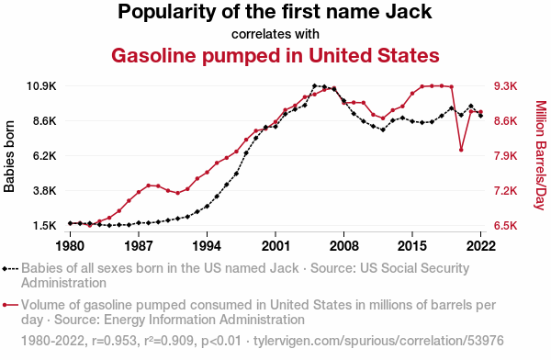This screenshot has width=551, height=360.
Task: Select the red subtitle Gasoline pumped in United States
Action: tap(275, 55)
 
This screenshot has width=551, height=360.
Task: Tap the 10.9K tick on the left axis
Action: tap(41, 86)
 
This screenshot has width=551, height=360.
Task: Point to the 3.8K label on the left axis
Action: tap(45, 191)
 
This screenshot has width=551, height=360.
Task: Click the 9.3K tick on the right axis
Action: tap(506, 86)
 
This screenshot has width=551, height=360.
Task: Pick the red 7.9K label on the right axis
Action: tap(506, 156)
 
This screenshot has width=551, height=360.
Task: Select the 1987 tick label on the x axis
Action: tap(139, 246)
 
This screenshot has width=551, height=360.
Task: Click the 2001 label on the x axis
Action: tap(275, 246)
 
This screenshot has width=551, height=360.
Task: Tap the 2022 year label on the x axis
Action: tap(480, 246)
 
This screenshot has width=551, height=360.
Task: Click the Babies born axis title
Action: tap(9, 156)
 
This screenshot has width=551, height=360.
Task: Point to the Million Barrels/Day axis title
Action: tap(541, 155)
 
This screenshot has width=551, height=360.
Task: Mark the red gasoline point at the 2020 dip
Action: tap(461, 150)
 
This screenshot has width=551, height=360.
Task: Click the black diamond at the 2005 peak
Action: tap(314, 85)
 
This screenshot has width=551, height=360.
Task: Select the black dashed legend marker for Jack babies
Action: tap(10, 269)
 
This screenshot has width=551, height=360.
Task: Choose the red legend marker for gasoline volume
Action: tap(10, 305)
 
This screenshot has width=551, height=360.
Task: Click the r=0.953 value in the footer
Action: tap(115, 341)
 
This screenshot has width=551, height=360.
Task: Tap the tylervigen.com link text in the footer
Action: tap(378, 341)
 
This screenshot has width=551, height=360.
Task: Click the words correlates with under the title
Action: tap(275, 34)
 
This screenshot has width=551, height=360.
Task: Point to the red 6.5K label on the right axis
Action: tap(506, 226)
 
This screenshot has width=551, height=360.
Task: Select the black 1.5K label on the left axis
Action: tap(45, 226)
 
